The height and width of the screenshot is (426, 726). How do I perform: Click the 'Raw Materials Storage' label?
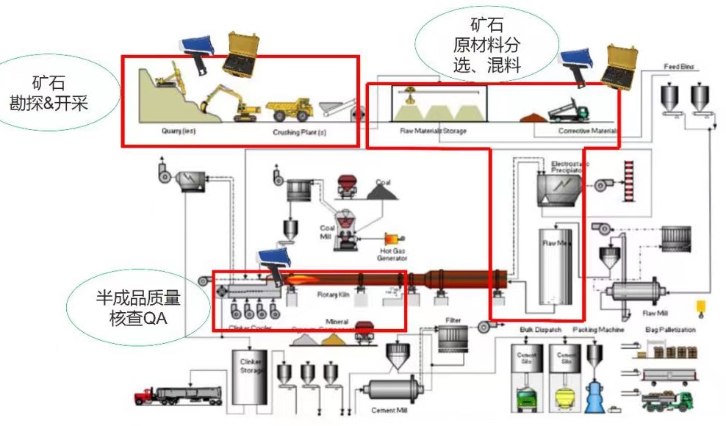tap(433, 131)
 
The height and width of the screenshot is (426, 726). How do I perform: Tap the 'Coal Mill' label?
tap(327, 232)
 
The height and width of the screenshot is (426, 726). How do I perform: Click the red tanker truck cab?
tap(143, 397)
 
